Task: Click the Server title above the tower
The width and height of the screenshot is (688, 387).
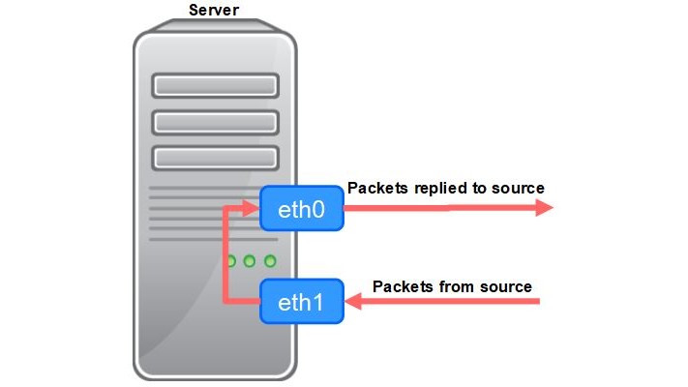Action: tap(213, 11)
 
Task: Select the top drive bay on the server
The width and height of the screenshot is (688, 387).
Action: tap(215, 86)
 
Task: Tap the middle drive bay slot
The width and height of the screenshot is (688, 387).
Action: tap(215, 122)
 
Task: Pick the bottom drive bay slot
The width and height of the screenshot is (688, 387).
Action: tap(215, 157)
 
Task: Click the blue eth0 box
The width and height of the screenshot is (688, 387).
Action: tap(302, 210)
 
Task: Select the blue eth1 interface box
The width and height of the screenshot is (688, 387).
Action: tap(302, 303)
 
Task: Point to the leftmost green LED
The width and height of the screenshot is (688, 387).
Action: tap(230, 261)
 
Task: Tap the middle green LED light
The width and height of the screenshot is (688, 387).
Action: tap(250, 261)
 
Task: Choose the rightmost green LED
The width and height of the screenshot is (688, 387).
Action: tap(270, 261)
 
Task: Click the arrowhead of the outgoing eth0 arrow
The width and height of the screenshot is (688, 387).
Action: tap(544, 209)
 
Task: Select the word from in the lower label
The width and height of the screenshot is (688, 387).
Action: tap(457, 286)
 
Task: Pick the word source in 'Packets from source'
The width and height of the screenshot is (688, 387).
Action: tap(506, 286)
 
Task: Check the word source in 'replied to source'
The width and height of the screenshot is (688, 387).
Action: tap(520, 188)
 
